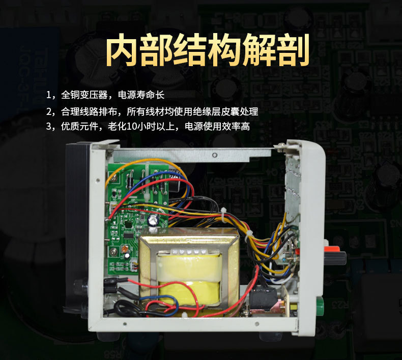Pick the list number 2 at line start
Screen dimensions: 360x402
click(49, 111)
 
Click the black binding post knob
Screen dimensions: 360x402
click(336, 258)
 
